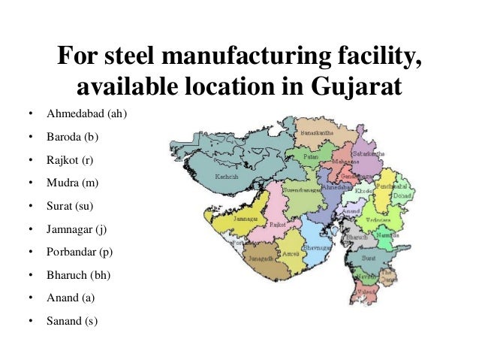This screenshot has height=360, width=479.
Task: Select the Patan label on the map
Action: (309, 156)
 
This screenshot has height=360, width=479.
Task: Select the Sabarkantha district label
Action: (370, 153)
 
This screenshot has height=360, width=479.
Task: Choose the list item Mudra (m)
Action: (73, 183)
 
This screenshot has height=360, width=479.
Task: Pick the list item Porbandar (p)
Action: (80, 252)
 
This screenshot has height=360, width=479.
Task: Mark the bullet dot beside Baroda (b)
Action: (30, 138)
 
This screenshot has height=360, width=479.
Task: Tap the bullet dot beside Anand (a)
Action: (30, 298)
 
